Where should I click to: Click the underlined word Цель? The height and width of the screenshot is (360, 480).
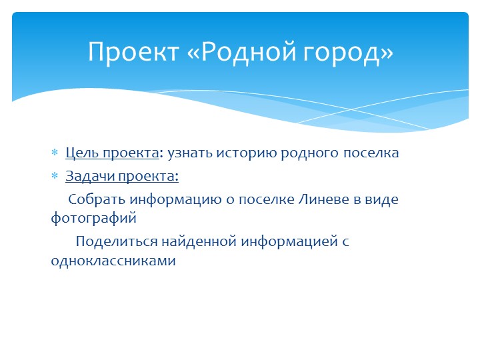tap(80, 153)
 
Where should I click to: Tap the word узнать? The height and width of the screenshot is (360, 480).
tap(189, 153)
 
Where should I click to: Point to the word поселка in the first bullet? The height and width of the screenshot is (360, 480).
tap(371, 153)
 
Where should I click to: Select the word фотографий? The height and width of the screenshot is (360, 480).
tap(93, 217)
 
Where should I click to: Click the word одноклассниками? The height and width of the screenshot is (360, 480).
tap(113, 261)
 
